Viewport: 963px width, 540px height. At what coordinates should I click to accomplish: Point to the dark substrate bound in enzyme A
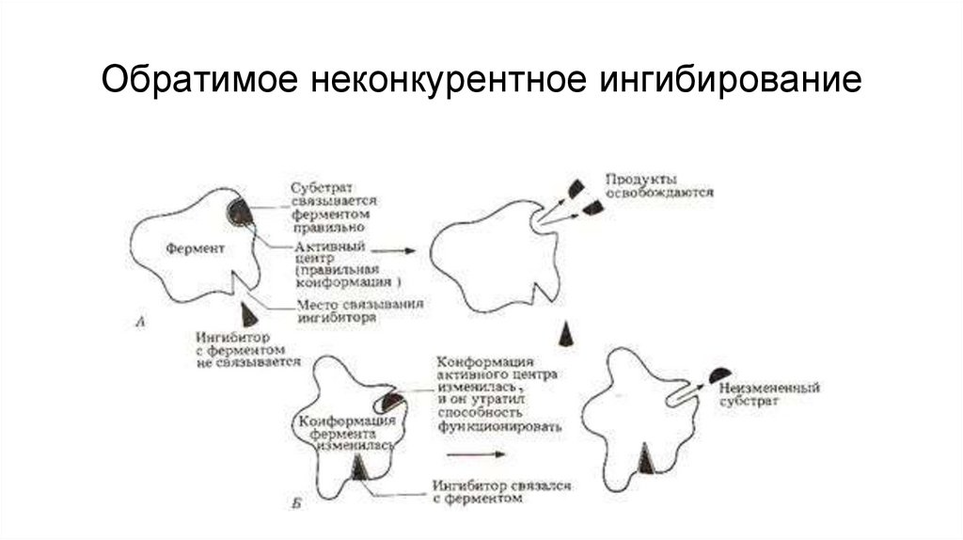(241, 211)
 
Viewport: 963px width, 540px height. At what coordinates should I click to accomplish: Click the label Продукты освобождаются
(658, 184)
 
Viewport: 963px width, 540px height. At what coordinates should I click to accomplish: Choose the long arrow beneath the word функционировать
(476, 454)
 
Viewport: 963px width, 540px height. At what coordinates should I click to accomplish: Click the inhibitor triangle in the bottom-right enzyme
(645, 458)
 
